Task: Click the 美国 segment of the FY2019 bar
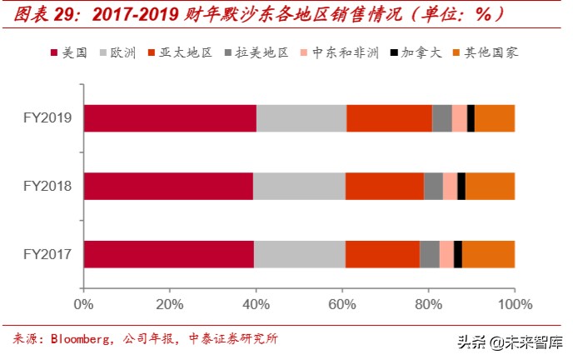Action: [x=170, y=118]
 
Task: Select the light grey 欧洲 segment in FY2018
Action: [x=299, y=186]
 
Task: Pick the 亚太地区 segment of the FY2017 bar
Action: [x=382, y=254]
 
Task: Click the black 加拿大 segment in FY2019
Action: [x=471, y=118]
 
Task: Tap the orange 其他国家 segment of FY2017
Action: [x=488, y=254]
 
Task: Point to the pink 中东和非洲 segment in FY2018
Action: [x=450, y=186]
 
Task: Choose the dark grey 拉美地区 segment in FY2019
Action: [x=442, y=118]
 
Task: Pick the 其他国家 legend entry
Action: [x=490, y=52]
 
